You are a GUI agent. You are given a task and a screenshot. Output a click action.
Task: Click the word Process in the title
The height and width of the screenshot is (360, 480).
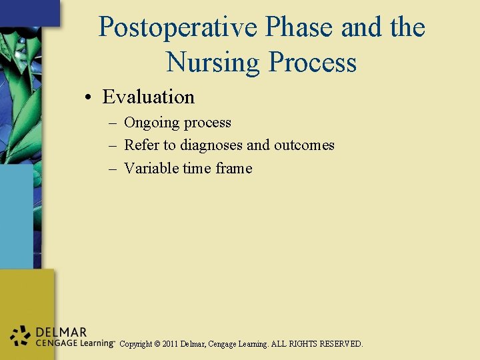313,63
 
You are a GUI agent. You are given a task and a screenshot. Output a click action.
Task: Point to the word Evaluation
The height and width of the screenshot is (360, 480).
148,97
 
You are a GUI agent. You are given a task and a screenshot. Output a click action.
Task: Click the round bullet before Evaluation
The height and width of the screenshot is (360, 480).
88,98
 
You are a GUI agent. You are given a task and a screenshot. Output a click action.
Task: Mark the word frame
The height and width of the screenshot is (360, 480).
234,168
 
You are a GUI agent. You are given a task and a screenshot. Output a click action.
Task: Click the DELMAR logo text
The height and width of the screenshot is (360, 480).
61,332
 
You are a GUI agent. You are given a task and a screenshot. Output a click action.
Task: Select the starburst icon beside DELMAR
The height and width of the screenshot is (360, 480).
21,337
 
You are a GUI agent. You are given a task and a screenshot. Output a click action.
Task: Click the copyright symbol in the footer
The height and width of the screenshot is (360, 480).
157,344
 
